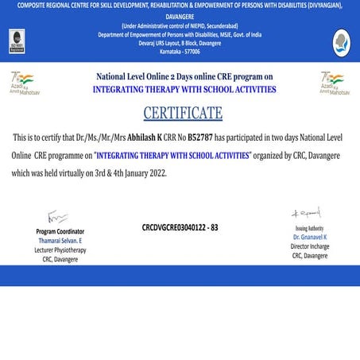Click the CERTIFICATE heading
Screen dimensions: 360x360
pyautogui.click(x=183, y=112)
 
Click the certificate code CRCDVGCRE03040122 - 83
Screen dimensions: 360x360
pyautogui.click(x=180, y=227)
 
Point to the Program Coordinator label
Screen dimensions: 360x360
pyautogui.click(x=61, y=231)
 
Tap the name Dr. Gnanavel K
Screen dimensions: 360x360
pyautogui.click(x=309, y=238)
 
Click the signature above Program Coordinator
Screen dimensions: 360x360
pyautogui.click(x=57, y=217)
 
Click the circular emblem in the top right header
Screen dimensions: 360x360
pyautogui.click(x=342, y=41)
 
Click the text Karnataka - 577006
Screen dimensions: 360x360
pyautogui.click(x=180, y=52)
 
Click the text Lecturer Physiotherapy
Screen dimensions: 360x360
pyautogui.click(x=60, y=250)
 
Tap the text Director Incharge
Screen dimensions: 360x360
pyautogui.click(x=309, y=246)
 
